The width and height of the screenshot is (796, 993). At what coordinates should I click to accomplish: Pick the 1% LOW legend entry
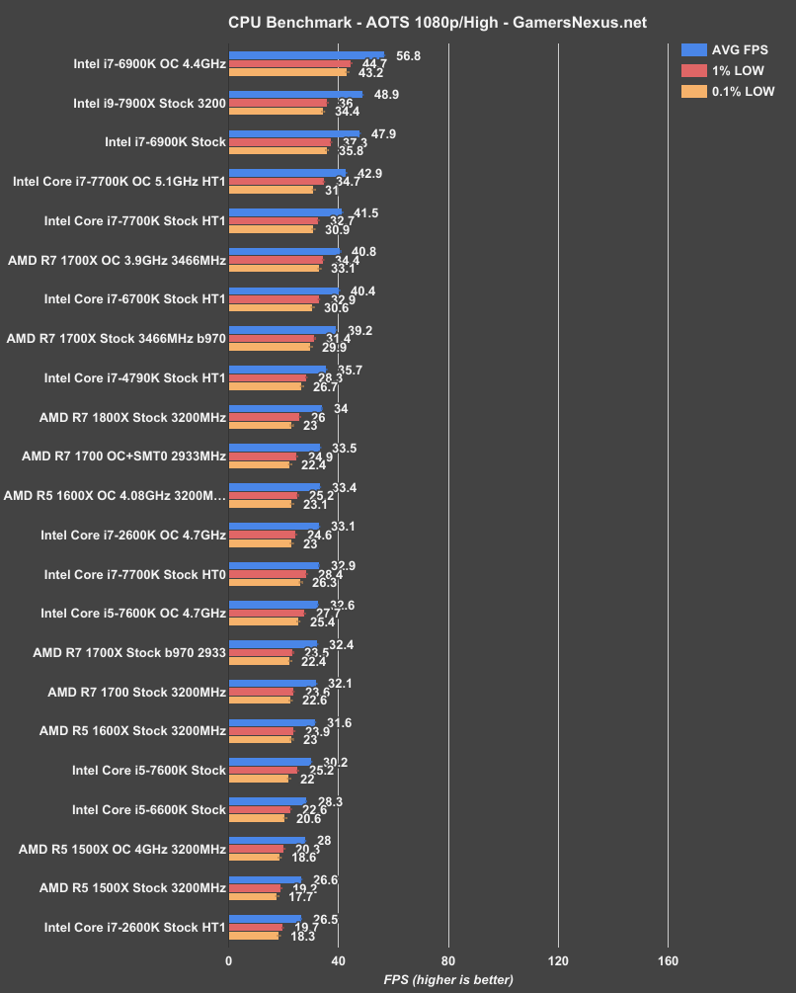(x=725, y=70)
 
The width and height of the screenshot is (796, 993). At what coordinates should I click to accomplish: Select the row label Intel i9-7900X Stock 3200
(x=149, y=103)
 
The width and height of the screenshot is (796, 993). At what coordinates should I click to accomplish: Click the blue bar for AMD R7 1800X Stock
(x=276, y=408)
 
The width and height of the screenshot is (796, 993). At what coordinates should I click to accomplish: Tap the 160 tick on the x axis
(x=668, y=961)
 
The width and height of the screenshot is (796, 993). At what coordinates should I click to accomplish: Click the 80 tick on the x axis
(x=448, y=961)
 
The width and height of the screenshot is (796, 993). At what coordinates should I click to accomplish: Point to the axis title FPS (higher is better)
(x=448, y=980)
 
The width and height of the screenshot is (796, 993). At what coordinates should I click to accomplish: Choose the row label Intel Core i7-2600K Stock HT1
(x=135, y=928)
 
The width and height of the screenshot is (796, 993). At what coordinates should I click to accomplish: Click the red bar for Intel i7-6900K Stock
(x=279, y=142)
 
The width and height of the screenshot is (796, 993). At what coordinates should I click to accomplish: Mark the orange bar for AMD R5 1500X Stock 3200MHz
(x=253, y=896)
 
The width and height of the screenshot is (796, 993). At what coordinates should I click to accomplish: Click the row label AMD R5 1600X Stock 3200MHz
(x=132, y=731)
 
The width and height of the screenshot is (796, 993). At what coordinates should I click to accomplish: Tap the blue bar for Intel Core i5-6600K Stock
(x=268, y=801)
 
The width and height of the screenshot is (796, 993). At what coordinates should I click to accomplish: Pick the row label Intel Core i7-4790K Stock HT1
(x=135, y=377)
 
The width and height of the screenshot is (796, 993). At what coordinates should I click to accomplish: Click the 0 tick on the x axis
(x=229, y=961)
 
